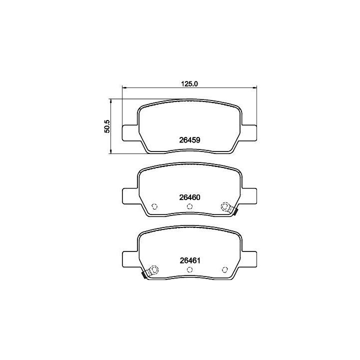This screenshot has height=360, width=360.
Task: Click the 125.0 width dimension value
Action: coord(189,84)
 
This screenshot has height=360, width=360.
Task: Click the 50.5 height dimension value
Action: coord(107,126)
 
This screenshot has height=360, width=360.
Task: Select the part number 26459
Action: coord(189,140)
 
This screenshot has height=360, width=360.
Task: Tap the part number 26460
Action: coord(189,197)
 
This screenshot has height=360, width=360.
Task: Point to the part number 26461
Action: coord(190,260)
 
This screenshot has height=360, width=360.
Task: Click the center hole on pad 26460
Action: coord(189,206)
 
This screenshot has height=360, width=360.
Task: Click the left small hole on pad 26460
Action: coord(154,206)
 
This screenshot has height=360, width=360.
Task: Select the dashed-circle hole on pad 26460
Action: coord(224,206)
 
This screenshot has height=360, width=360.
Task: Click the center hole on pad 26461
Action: coord(189,269)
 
